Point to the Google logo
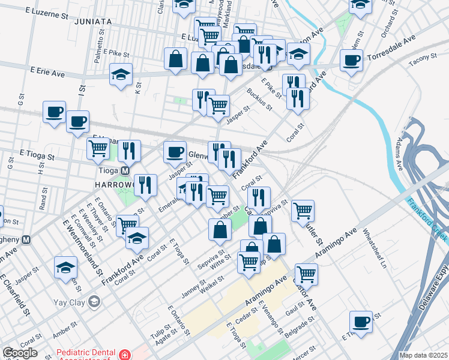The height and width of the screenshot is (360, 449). (20, 353)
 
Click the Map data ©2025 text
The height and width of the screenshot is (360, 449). (423, 355)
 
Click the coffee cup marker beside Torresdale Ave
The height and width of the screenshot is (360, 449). (351, 60)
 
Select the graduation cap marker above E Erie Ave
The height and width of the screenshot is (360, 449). (121, 75)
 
